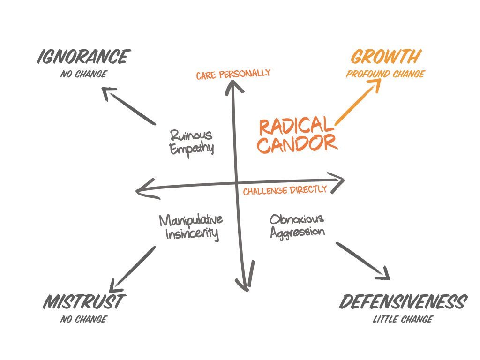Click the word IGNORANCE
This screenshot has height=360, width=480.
(x=82, y=57)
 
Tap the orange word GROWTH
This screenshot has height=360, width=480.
(x=385, y=57)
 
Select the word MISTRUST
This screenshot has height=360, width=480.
(x=83, y=301)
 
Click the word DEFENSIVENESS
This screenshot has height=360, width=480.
(x=403, y=302)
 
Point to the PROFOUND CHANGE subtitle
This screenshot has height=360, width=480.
(x=385, y=74)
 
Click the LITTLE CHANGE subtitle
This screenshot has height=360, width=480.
(x=403, y=320)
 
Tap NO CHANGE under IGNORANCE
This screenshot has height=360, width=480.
(x=83, y=74)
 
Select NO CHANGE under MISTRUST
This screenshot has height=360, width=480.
(x=83, y=320)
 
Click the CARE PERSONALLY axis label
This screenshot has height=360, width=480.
(x=233, y=74)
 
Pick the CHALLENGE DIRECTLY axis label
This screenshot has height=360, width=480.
(x=285, y=190)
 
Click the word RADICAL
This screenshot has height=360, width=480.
(x=294, y=127)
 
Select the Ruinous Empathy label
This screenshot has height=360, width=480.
(x=191, y=142)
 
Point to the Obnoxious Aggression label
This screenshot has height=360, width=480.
(x=297, y=225)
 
